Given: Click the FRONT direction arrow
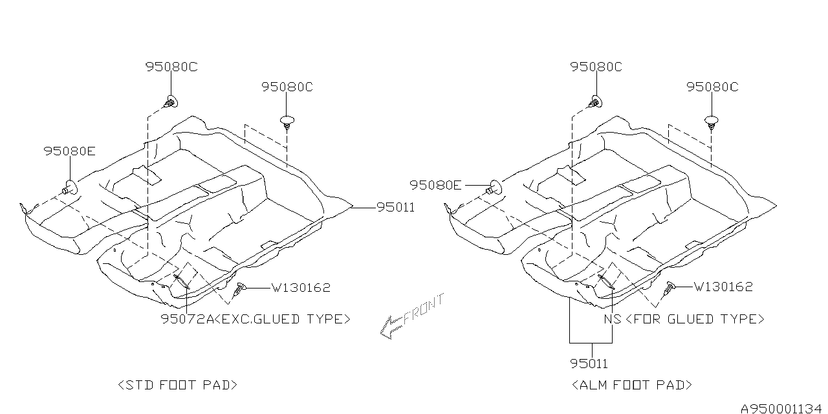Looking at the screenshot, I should click(x=411, y=317).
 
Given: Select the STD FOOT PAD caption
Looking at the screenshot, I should click(x=178, y=385).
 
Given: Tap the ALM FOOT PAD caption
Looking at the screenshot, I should click(x=632, y=385).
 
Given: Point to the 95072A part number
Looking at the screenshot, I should click(x=187, y=318).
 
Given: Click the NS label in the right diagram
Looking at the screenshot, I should click(x=612, y=319).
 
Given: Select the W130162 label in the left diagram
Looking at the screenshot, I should click(x=300, y=288).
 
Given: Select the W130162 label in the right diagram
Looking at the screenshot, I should click(x=723, y=287).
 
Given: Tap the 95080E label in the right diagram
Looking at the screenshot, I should click(x=435, y=186).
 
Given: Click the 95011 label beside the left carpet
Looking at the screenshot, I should click(x=396, y=207).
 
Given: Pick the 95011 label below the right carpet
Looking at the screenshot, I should click(x=589, y=364).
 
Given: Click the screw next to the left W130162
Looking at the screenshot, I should click(x=241, y=290).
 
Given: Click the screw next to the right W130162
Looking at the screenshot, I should click(x=670, y=289).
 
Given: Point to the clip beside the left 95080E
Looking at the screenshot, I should click(x=70, y=188).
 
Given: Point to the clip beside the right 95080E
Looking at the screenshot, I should click(x=495, y=188).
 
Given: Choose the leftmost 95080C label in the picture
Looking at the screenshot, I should click(x=171, y=66).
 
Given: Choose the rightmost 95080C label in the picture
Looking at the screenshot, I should click(x=712, y=87).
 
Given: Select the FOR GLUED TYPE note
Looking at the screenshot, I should click(x=695, y=319).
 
